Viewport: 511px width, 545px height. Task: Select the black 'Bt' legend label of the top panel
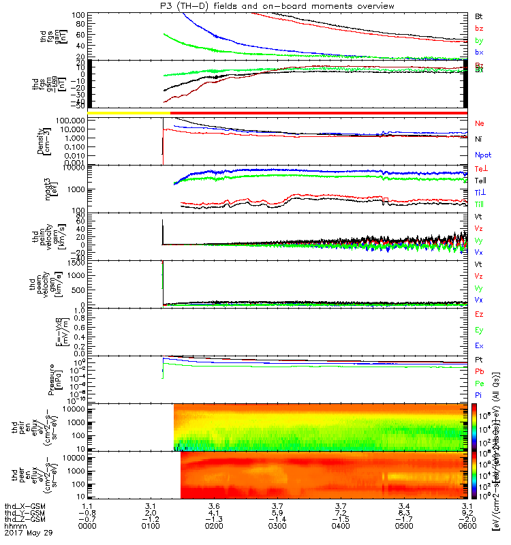point(479,15)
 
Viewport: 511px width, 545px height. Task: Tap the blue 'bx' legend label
point(479,52)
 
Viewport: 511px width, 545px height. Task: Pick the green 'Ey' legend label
point(479,330)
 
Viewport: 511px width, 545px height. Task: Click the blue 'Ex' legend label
point(479,345)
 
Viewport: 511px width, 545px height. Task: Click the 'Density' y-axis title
point(41,140)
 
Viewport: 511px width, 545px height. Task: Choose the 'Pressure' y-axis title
point(41,378)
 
